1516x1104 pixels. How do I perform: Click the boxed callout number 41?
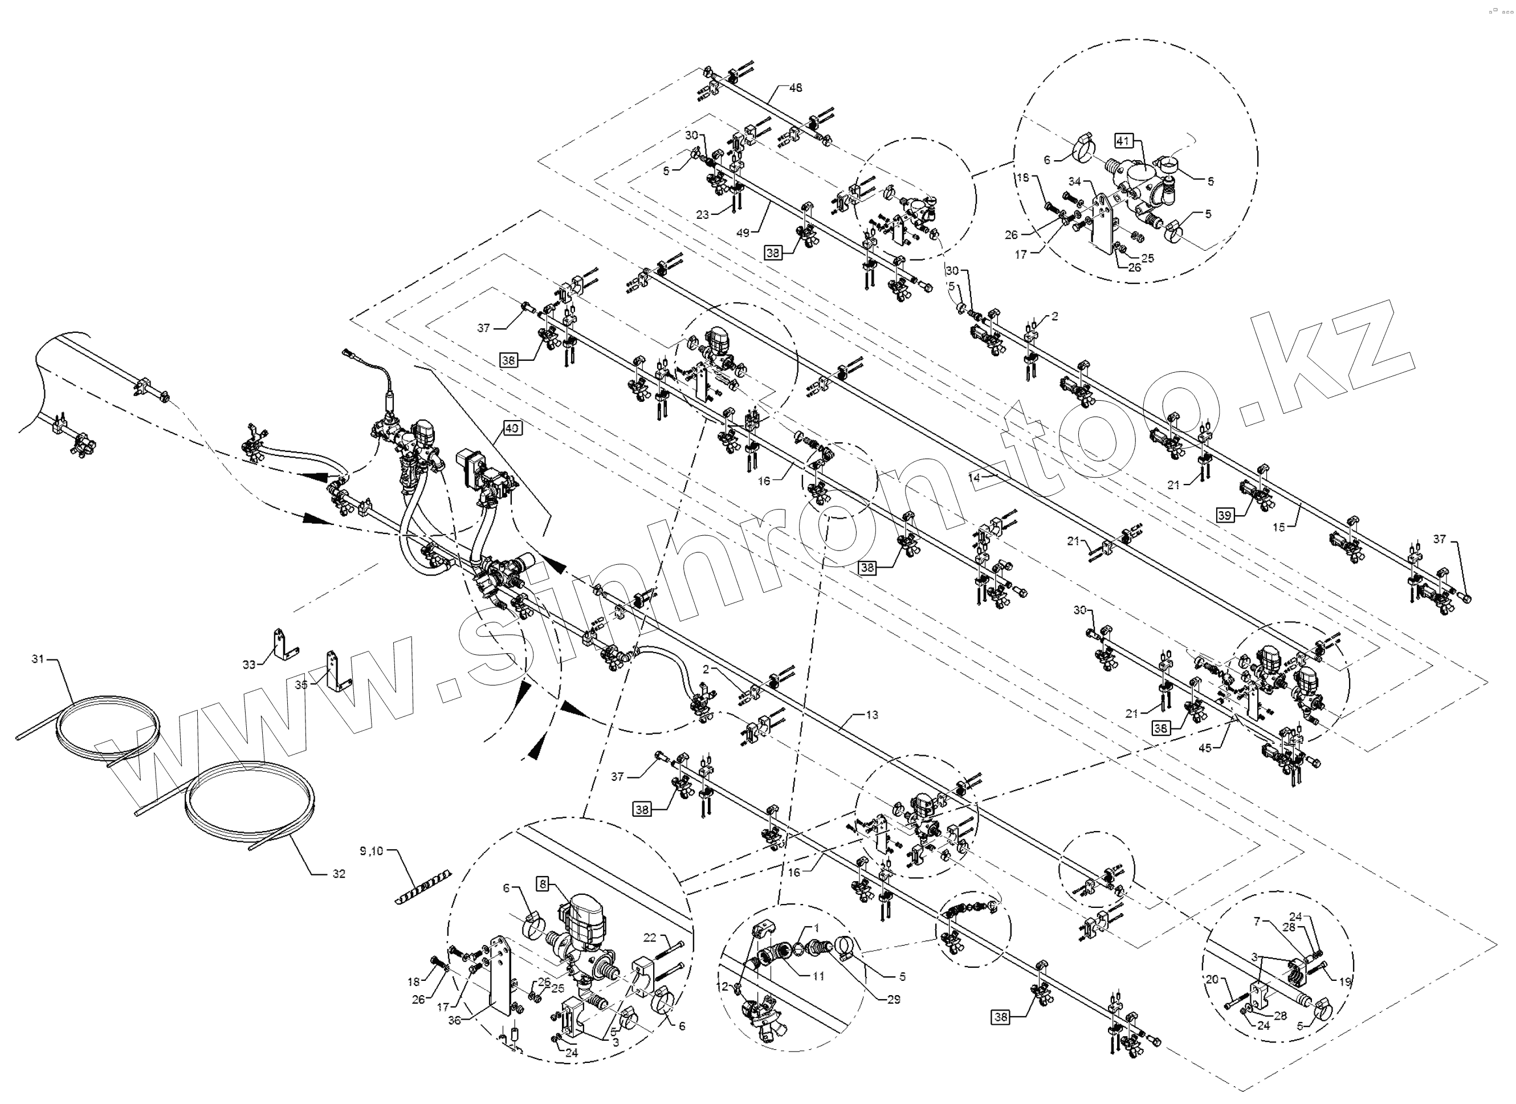[x=1123, y=141]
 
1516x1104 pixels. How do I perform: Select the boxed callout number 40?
[x=512, y=427]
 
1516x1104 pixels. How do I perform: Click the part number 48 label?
[x=796, y=88]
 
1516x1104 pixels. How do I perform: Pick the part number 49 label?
[x=743, y=233]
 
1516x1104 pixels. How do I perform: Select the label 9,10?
[x=372, y=851]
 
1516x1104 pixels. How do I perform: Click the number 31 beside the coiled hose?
[x=38, y=659]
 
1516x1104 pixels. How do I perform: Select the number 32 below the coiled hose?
[x=339, y=873]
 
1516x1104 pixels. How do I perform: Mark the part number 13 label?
[x=871, y=715]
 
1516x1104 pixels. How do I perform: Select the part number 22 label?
[x=650, y=938]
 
